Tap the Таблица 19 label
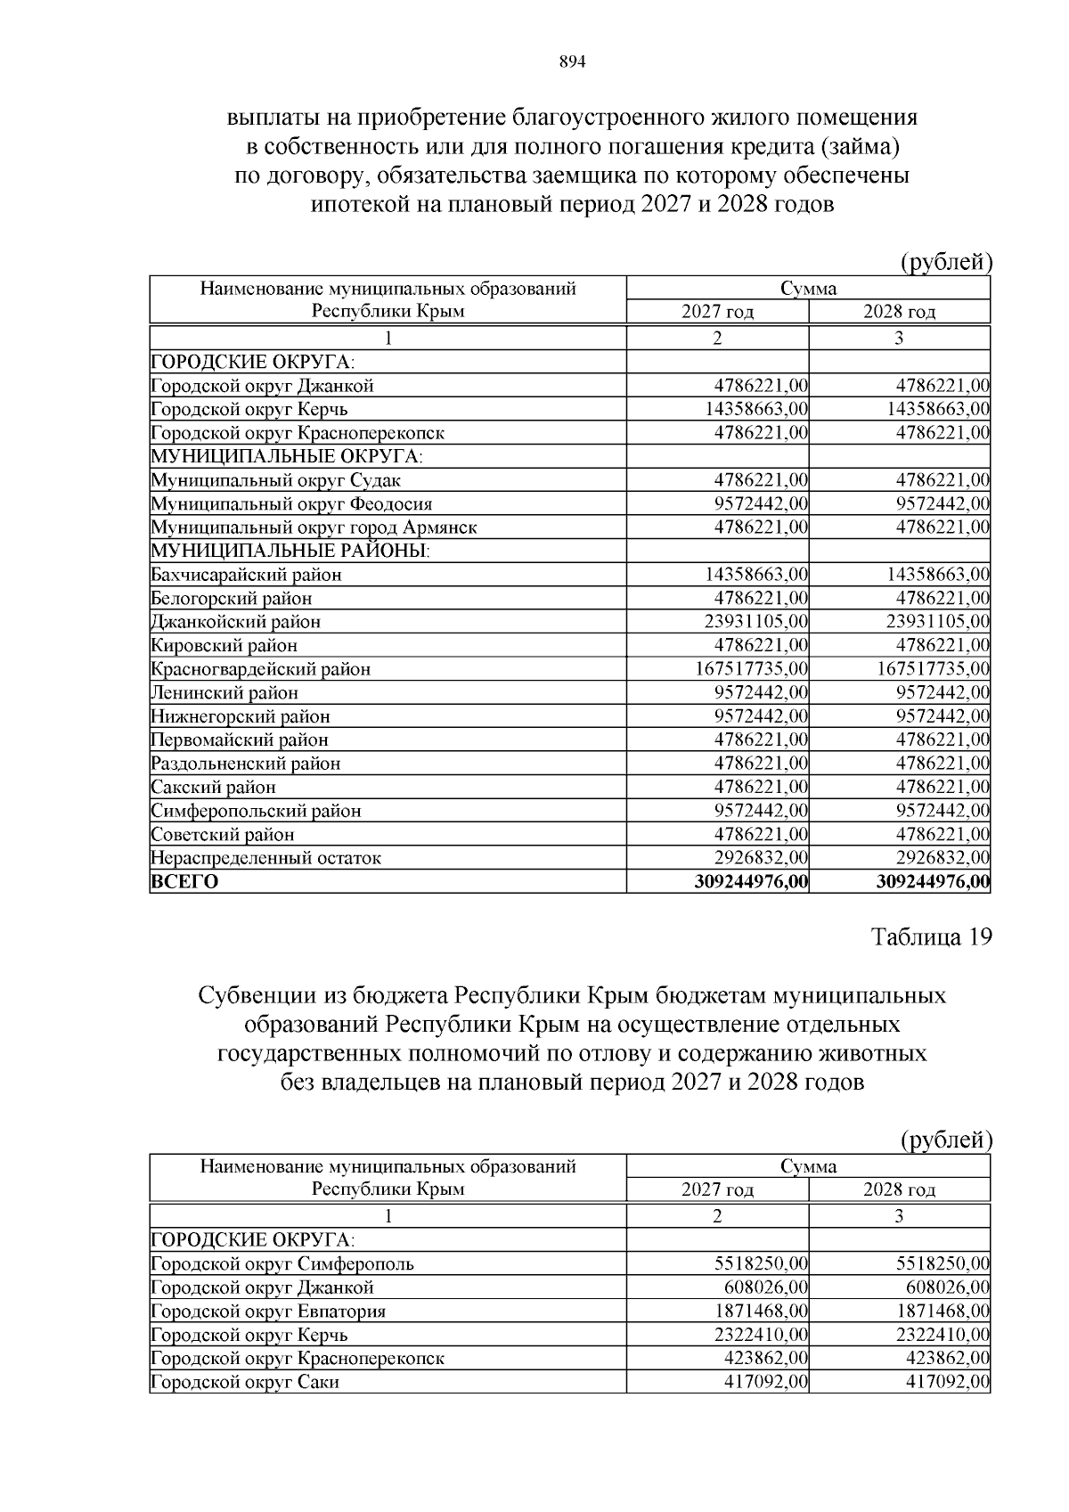[930, 937]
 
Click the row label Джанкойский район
[235, 622]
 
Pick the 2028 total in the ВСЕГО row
[933, 882]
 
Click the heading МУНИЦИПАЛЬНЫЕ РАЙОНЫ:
[290, 551]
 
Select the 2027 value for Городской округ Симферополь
[761, 1263]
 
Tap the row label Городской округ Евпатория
[268, 1312]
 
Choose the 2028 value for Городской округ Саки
[947, 1382]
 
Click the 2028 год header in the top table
[899, 312]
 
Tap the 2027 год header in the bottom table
[717, 1189]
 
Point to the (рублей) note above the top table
[945, 262]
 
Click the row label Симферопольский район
[256, 811]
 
